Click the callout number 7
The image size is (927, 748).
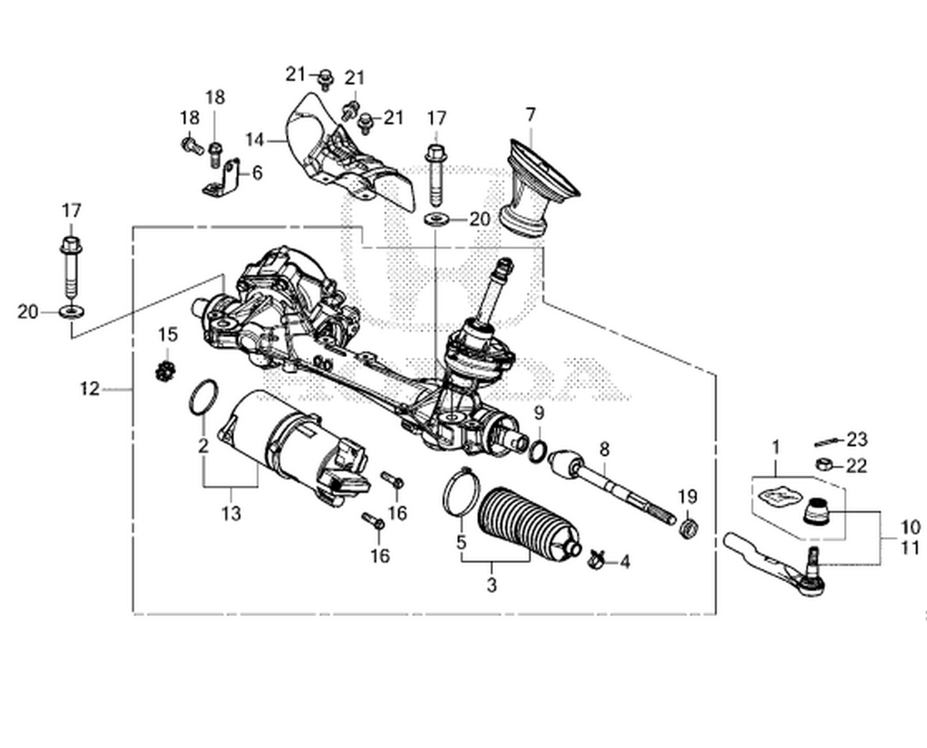pos(530,115)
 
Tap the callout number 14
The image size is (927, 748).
pos(256,140)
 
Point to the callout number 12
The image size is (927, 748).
pos(90,389)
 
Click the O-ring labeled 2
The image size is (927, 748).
pos(203,396)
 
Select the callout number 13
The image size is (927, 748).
pos(231,512)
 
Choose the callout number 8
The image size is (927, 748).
pos(604,447)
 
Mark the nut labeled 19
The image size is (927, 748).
pos(687,529)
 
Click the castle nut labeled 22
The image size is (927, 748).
pos(823,464)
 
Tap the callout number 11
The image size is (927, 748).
pos(909,548)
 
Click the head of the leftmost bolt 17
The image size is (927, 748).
pos(71,246)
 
